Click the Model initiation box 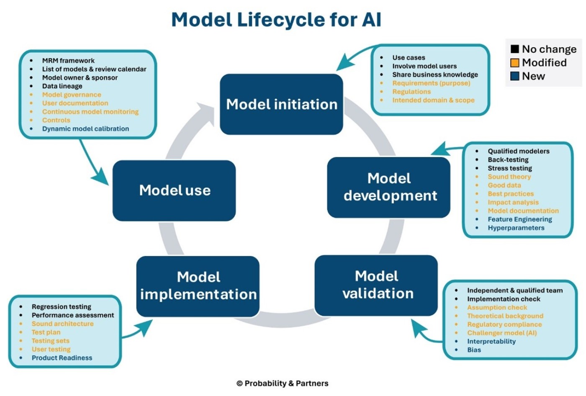tap(281, 104)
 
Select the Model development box tap(389, 187)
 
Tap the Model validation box tap(376, 285)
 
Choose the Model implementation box tap(198, 285)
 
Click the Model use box tap(174, 190)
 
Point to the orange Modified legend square tap(515, 63)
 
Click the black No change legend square tap(515, 49)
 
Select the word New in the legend tap(533, 76)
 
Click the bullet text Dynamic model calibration tap(85, 129)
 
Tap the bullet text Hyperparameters tap(516, 228)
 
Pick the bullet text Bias tap(474, 350)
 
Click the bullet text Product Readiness tap(62, 358)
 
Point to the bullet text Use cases tap(409, 58)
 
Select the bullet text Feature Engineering tap(519, 219)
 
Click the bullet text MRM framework tap(68, 61)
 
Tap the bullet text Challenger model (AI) tap(502, 333)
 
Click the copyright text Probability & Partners tap(283, 383)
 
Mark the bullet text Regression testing tap(61, 307)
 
